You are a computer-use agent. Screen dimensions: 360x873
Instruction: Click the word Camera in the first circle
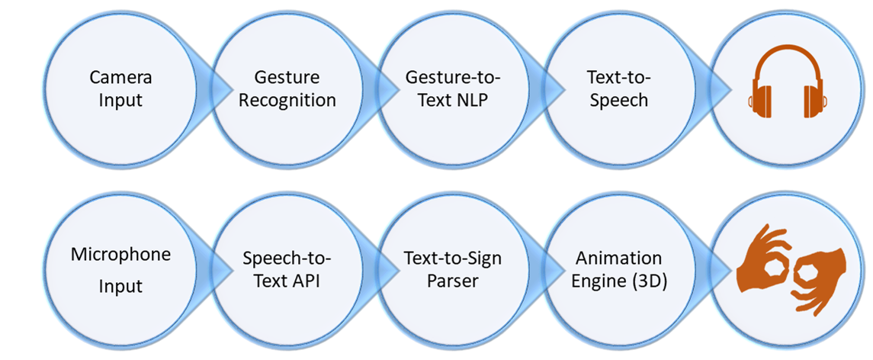click(x=120, y=77)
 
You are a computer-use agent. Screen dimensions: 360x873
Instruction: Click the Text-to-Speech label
click(x=618, y=88)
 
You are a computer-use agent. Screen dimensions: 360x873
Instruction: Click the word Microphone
click(x=120, y=254)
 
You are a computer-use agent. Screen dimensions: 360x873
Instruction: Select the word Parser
click(x=453, y=281)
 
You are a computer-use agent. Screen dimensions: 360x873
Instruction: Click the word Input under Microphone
click(x=120, y=287)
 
